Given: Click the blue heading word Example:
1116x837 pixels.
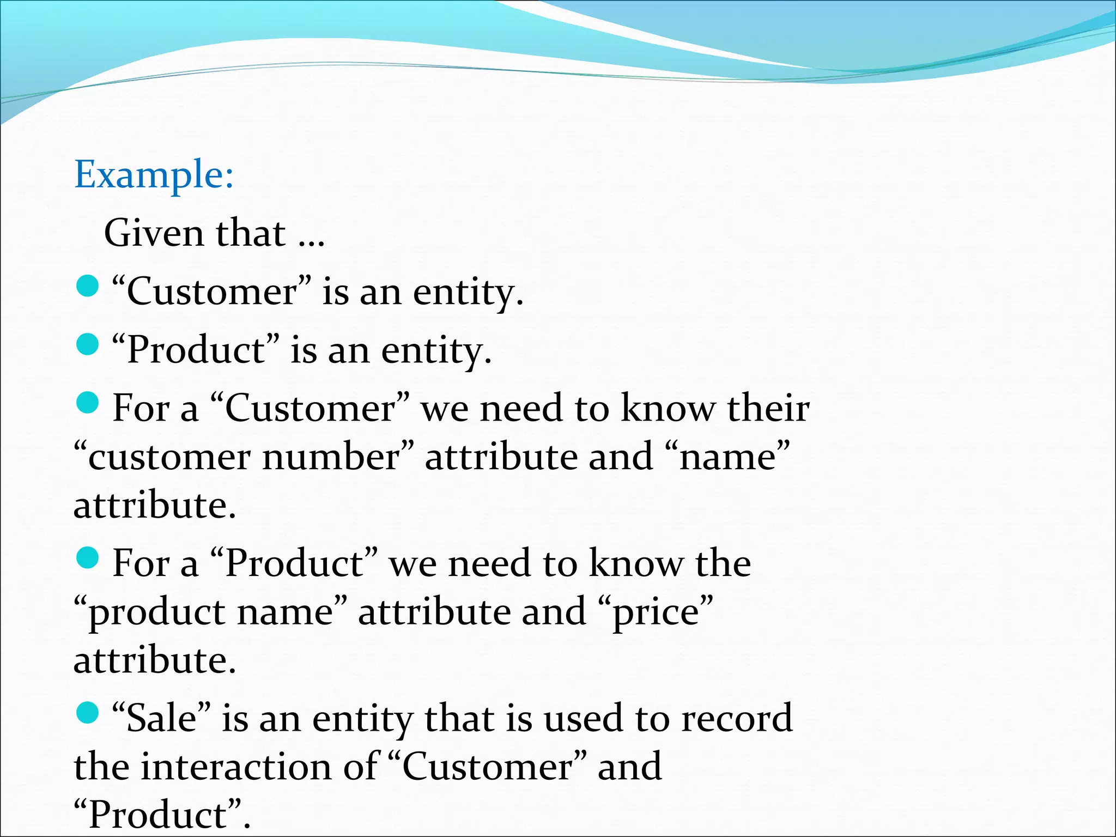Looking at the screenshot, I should tap(154, 175).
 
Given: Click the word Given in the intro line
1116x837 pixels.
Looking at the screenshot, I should tap(154, 233).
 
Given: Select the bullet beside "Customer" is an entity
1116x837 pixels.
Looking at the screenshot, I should tap(87, 287).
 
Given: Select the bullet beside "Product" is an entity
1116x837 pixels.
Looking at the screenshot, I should tap(87, 344).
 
